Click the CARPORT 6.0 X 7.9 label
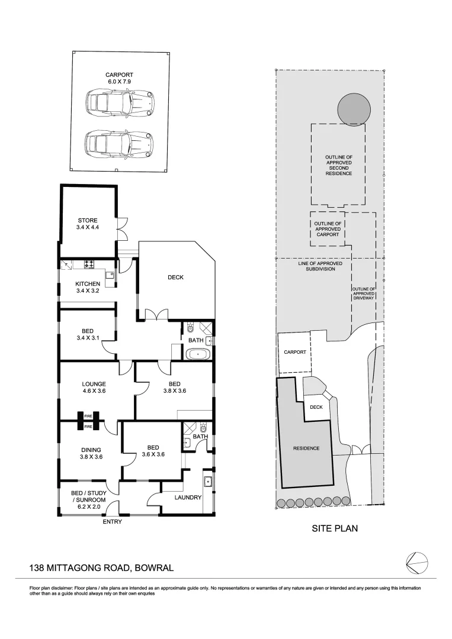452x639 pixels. coord(118,78)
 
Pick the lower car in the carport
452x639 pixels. coord(118,143)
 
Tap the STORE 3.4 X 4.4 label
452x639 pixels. coord(88,224)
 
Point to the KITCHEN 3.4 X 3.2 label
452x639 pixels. coord(88,287)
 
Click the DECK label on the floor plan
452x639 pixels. coord(175,277)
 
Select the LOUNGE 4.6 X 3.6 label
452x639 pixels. coord(94,388)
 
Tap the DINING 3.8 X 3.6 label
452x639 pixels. coord(91,453)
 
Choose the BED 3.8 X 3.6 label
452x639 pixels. coord(174,388)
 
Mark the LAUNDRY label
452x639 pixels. coord(188,498)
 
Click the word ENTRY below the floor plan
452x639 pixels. coord(113,522)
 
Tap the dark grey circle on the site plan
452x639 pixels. coord(354,108)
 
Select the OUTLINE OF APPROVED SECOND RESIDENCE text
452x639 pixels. coord(338,165)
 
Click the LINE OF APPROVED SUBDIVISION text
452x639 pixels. coord(316,266)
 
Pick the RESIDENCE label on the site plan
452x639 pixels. coord(306,448)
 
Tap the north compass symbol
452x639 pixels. coord(416,561)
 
